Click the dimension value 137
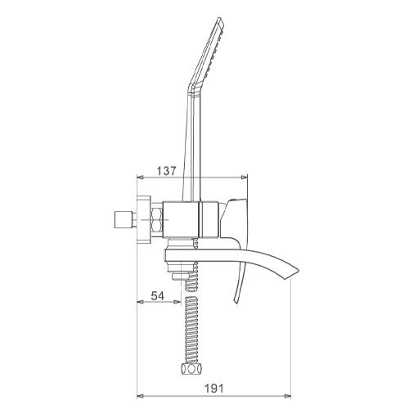167,171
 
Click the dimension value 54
158,296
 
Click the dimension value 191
213,389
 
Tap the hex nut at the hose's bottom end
191,369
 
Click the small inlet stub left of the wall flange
125,220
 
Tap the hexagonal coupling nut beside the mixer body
157,220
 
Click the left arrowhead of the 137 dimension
140,178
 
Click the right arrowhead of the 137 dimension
245,178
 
